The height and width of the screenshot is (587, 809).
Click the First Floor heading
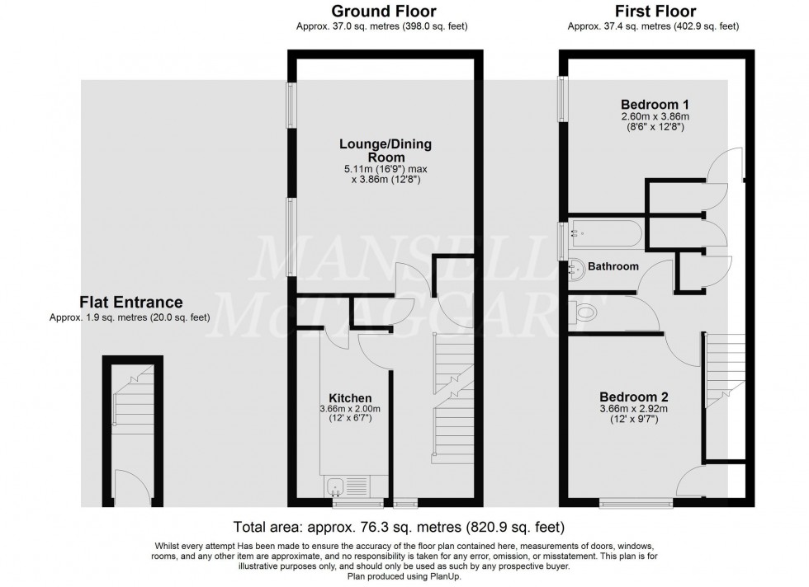tap(655, 12)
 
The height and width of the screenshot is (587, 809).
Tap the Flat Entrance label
tap(130, 303)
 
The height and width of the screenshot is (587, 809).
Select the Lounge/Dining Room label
tap(385, 151)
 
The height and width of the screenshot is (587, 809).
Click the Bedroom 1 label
tap(655, 105)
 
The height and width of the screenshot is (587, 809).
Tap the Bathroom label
tap(614, 266)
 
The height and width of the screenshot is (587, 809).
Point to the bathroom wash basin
tap(575, 267)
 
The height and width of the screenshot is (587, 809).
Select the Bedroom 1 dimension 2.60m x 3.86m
tap(655, 117)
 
